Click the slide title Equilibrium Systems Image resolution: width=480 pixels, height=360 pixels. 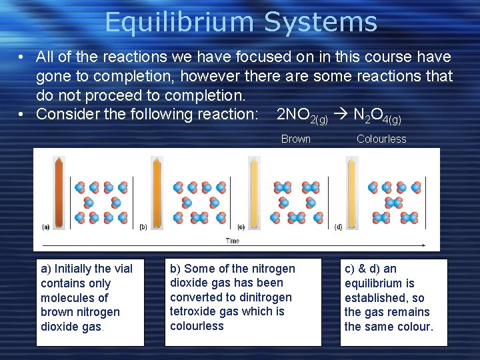[241, 22]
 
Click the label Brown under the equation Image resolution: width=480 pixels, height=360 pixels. [295, 139]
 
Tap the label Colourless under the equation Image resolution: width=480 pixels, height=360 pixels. [381, 139]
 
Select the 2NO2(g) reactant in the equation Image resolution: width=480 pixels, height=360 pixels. [301, 115]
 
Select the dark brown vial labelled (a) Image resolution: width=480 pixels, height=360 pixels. [59, 190]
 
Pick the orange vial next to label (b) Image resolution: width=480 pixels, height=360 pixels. [157, 190]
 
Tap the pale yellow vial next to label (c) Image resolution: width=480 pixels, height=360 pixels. [254, 190]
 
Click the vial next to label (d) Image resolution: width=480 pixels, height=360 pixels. [351, 190]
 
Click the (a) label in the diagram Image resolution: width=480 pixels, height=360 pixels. [45, 227]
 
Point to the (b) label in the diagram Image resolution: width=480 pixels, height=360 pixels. [143, 227]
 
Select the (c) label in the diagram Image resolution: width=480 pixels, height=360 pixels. [241, 227]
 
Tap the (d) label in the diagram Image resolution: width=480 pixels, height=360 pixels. [338, 227]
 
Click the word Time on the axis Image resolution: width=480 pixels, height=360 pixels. [233, 241]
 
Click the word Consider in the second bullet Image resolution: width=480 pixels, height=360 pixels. [64, 114]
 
